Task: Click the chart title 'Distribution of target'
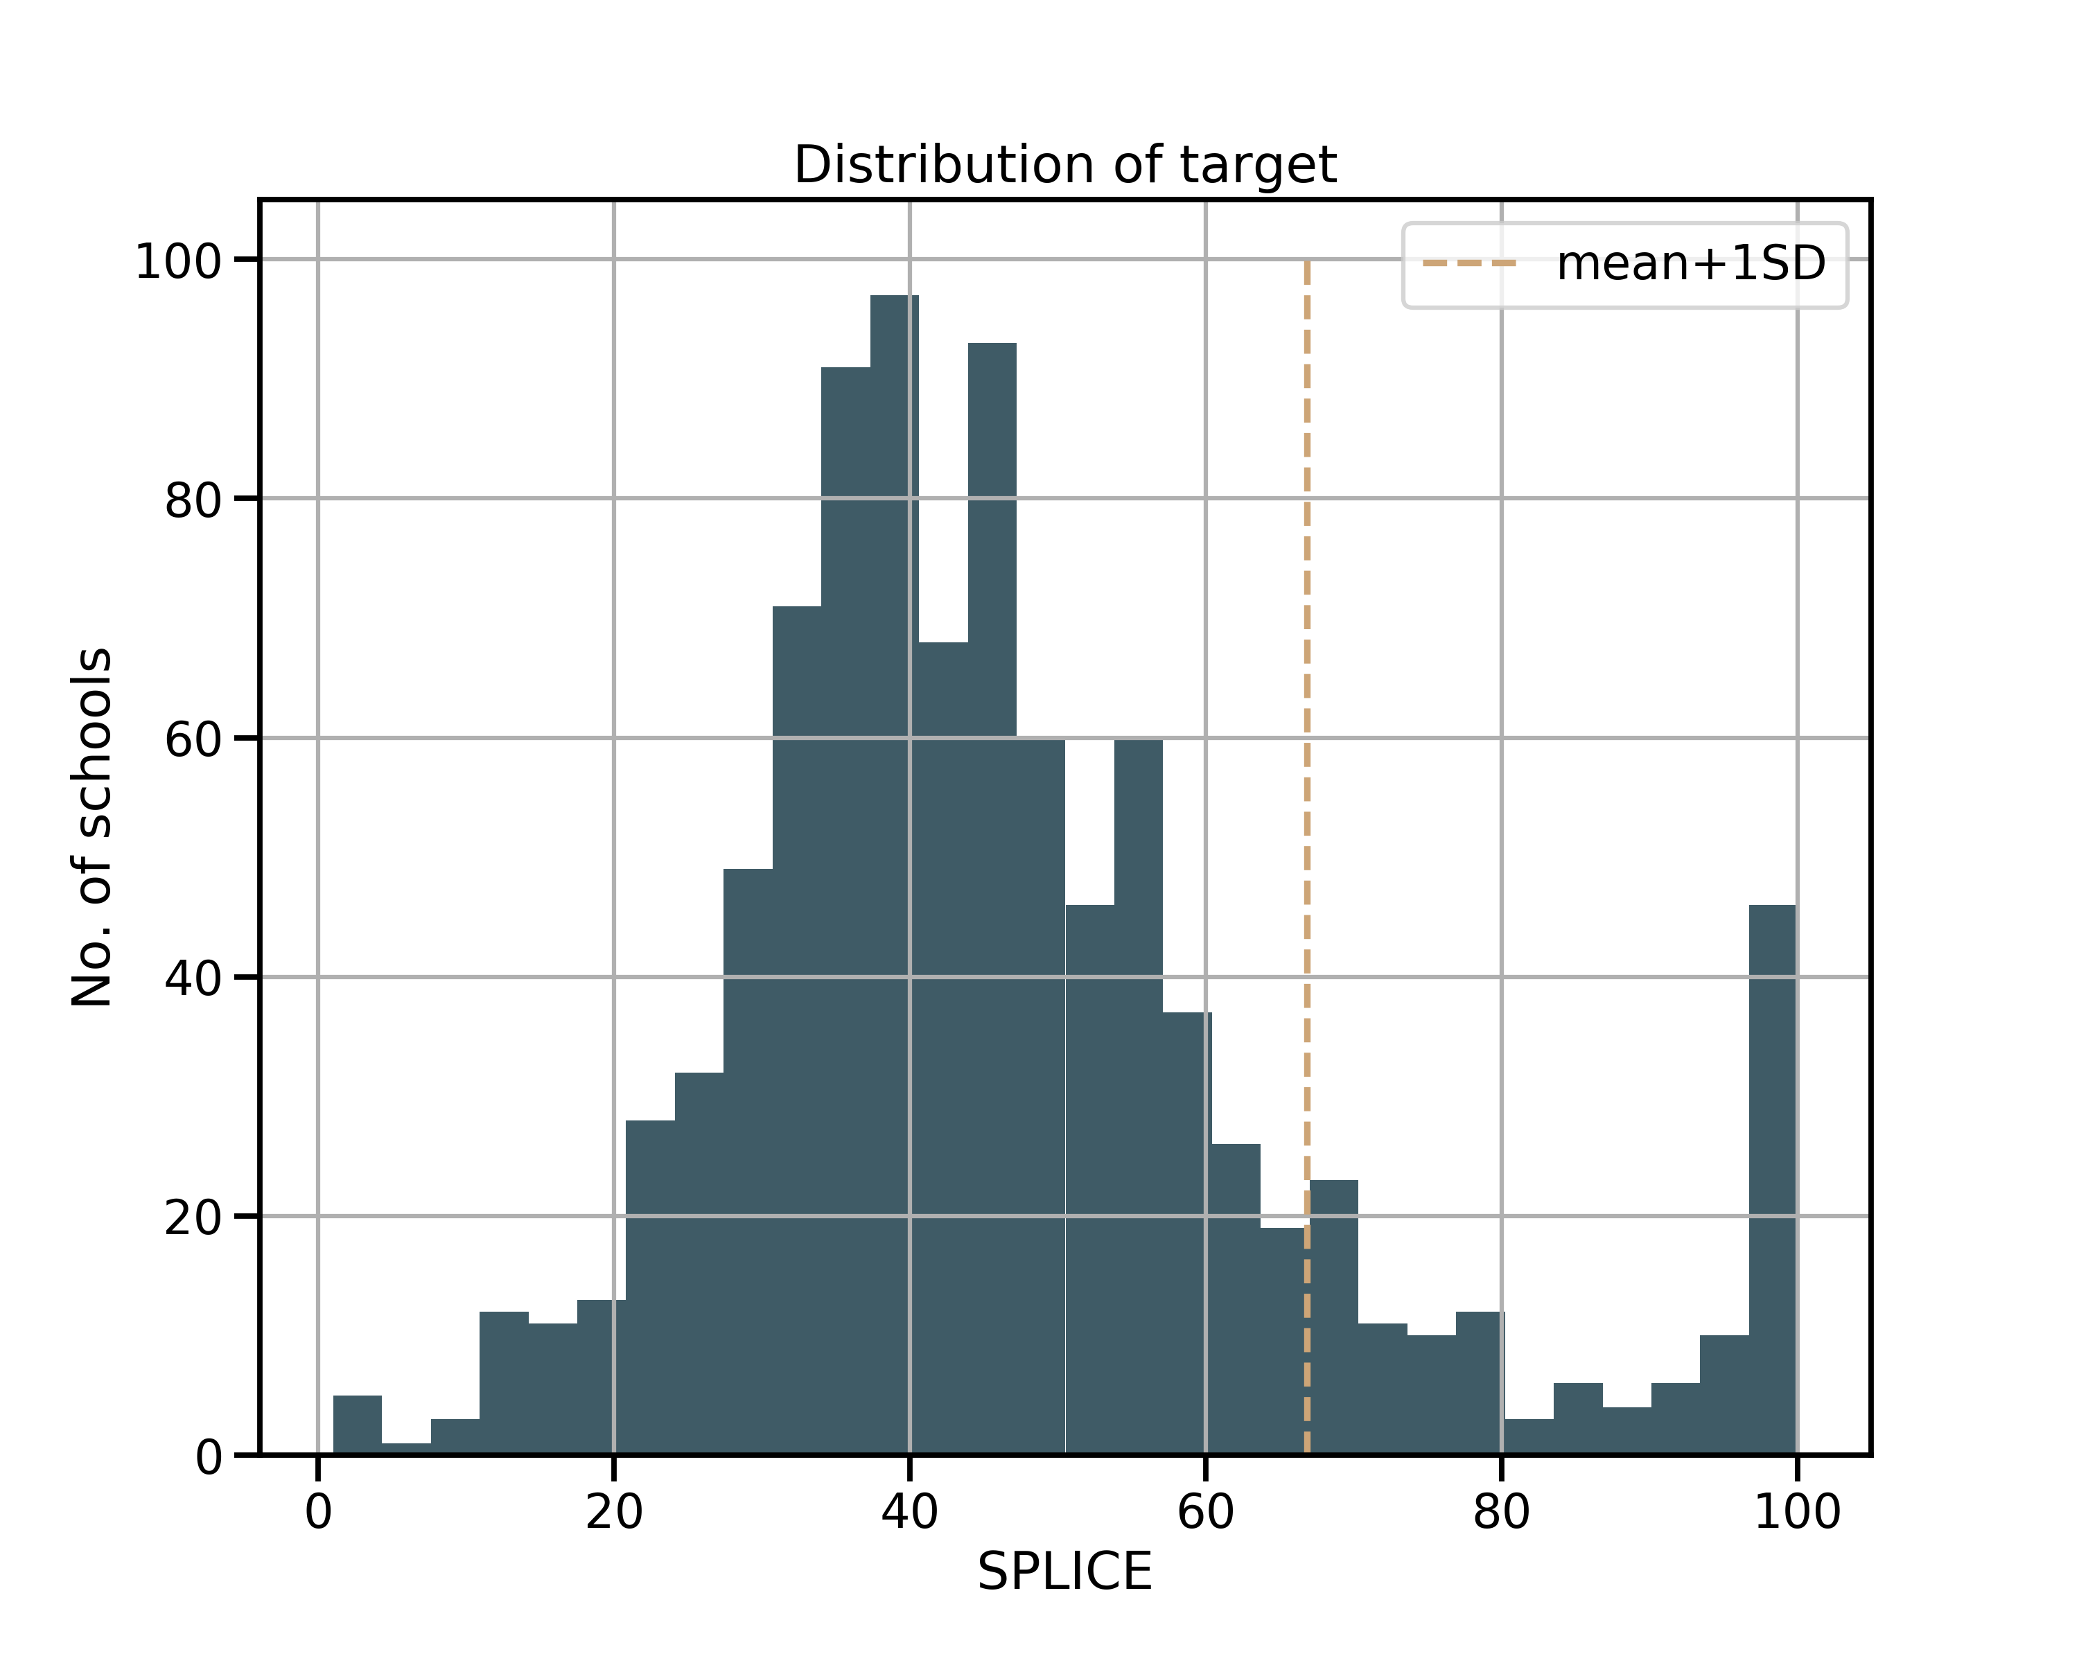1064,165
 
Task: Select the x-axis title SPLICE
1064,1572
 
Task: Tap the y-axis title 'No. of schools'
93,827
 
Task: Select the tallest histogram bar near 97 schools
895,874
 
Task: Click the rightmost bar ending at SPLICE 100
1773,1179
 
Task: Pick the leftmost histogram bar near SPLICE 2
358,1424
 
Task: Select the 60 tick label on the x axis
1205,1511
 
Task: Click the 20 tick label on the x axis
614,1511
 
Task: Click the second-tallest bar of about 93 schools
992,899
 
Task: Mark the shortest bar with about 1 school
406,1448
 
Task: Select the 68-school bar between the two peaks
943,1048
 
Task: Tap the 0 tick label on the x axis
318,1511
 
